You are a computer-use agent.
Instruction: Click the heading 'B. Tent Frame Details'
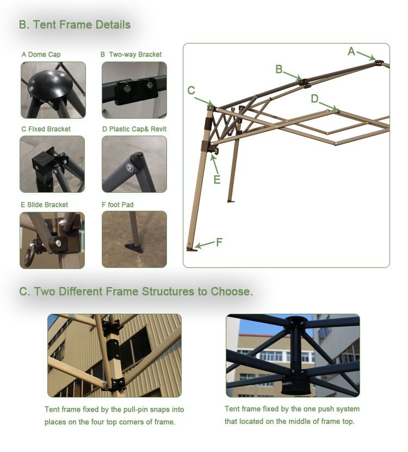coord(75,25)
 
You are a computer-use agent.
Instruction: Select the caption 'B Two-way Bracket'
coord(131,54)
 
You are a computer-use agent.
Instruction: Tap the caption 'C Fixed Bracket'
coord(46,129)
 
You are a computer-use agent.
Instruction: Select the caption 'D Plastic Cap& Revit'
coord(134,129)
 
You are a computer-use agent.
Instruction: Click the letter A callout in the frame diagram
coord(351,52)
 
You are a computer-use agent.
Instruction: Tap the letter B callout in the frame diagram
coord(279,69)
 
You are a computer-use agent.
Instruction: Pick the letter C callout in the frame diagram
coord(191,91)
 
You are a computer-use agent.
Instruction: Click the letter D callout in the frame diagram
coord(314,99)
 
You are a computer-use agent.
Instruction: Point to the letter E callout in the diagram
coord(217,179)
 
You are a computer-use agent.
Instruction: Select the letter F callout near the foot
coord(219,242)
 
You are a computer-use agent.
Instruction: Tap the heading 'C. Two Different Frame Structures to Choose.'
coord(136,291)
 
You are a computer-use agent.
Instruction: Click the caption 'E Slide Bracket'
coord(45,205)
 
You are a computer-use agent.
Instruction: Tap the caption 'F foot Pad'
coord(118,205)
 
